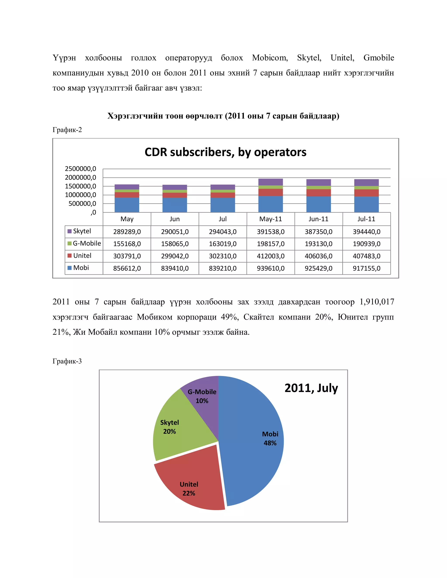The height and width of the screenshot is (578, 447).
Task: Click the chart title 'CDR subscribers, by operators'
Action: pyautogui.click(x=225, y=152)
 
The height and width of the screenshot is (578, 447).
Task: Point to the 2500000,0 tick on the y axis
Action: pyautogui.click(x=81, y=169)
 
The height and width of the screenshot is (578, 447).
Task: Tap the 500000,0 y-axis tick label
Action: pyautogui.click(x=82, y=203)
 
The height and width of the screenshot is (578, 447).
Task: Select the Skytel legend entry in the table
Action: pyautogui.click(x=82, y=231)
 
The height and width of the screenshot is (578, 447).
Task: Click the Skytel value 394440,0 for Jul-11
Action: pyautogui.click(x=366, y=232)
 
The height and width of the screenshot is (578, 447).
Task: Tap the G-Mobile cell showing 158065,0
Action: pyautogui.click(x=175, y=244)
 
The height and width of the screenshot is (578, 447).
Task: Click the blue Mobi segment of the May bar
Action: pyautogui.click(x=127, y=205)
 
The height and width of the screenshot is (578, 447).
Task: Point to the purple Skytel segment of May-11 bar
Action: pyautogui.click(x=270, y=182)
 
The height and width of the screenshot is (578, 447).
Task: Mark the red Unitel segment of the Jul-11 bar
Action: pyautogui.click(x=366, y=193)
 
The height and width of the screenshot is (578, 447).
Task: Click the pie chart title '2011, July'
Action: pyautogui.click(x=311, y=388)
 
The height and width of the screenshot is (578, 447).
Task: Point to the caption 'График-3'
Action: pyautogui.click(x=67, y=361)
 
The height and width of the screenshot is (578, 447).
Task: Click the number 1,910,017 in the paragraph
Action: pyautogui.click(x=377, y=302)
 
